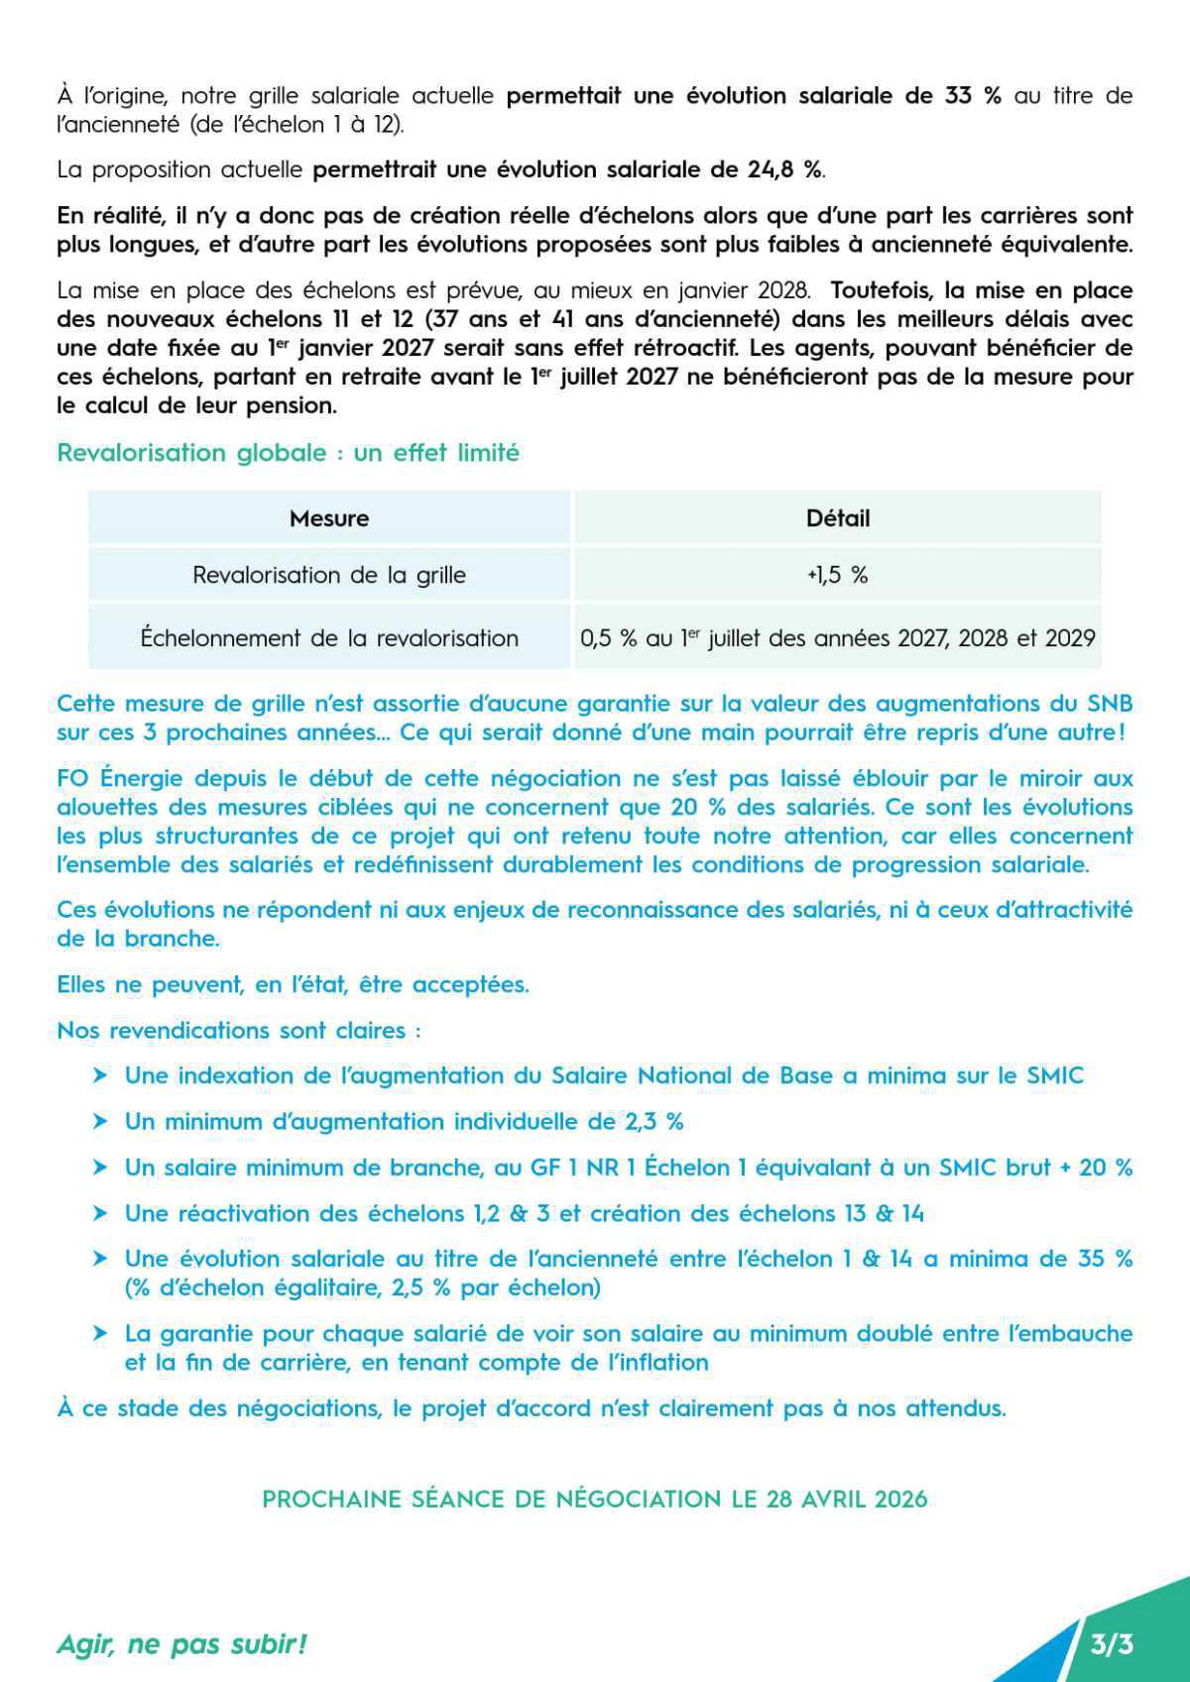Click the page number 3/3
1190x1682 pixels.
pos(1111,1644)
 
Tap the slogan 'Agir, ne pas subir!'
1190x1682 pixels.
pos(181,1644)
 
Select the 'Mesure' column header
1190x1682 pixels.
pos(329,518)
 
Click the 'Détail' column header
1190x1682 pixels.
pos(838,518)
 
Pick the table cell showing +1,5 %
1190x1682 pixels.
pos(838,575)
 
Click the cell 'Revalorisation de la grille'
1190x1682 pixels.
pos(329,575)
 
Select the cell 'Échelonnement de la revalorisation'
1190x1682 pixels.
pos(329,638)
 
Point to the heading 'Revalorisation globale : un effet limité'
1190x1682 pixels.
pos(288,453)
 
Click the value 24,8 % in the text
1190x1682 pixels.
pos(783,169)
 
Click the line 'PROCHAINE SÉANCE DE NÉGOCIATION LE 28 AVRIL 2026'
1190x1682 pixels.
pos(595,1499)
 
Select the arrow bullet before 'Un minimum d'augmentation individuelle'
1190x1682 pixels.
pos(100,1122)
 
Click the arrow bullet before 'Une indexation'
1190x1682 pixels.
pos(100,1076)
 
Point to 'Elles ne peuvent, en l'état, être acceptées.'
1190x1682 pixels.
pos(293,985)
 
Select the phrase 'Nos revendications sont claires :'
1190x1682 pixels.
pos(238,1031)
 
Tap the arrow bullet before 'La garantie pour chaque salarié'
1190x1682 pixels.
pos(100,1334)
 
